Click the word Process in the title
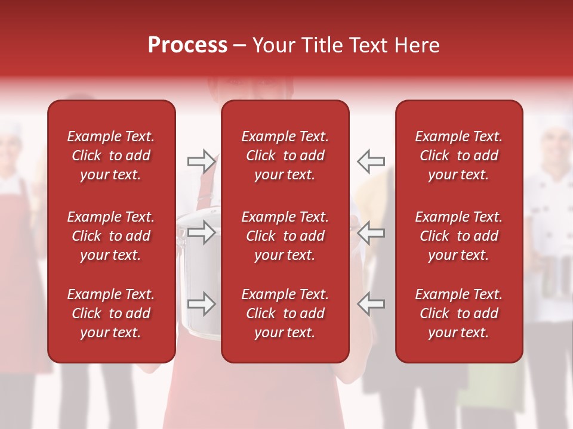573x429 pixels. click(x=187, y=45)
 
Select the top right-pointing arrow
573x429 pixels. click(x=202, y=161)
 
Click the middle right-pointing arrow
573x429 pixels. click(x=202, y=232)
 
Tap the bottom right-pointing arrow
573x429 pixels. click(x=202, y=304)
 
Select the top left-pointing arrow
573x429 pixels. click(x=371, y=161)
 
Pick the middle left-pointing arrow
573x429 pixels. click(x=371, y=232)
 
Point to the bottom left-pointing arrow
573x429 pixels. click(x=371, y=304)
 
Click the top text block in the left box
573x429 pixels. click(x=111, y=156)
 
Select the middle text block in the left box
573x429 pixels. click(x=111, y=236)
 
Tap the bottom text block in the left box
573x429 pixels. click(x=111, y=313)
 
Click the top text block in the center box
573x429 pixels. click(x=285, y=156)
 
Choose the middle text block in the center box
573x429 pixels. click(x=285, y=236)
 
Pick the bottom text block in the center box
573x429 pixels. click(x=285, y=313)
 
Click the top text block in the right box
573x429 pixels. click(x=458, y=156)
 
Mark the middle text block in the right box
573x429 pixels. click(x=458, y=236)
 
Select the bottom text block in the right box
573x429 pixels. click(x=458, y=313)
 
